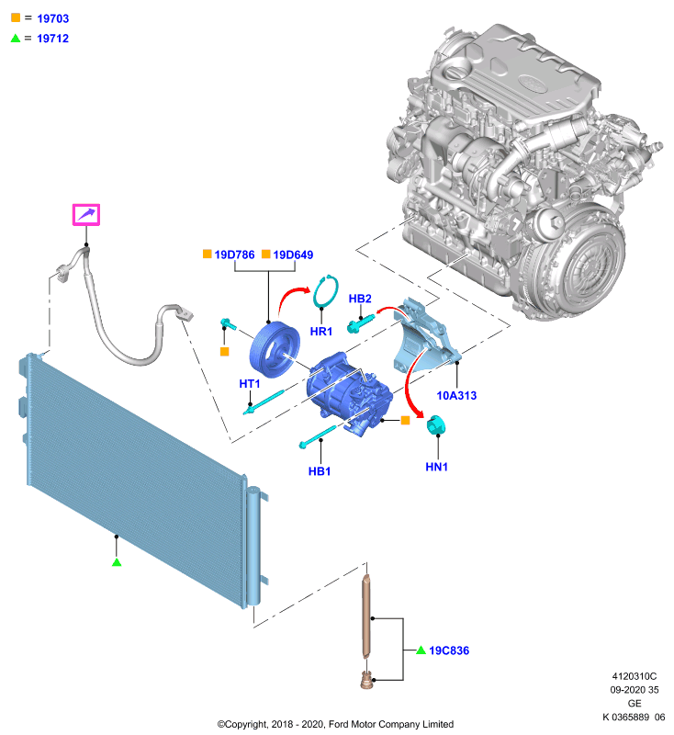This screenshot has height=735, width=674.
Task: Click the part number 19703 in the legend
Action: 53,18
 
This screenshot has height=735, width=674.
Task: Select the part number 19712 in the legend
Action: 53,39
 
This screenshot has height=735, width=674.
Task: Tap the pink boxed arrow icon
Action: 86,215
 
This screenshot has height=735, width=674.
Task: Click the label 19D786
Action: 234,254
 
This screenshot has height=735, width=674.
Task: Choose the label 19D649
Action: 293,254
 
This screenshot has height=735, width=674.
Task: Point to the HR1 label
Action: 321,332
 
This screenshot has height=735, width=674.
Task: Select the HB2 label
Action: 360,299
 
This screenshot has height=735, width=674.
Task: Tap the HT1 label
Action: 250,384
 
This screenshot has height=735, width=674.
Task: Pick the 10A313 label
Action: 456,396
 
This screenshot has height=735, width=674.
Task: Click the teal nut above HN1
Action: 435,425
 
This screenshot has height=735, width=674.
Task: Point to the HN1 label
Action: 436,467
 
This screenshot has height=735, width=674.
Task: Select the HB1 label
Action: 320,471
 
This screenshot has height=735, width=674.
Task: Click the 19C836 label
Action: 449,650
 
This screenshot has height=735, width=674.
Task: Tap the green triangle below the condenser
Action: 117,561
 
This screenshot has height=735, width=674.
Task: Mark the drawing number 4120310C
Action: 635,676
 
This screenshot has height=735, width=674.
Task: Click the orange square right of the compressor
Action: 406,421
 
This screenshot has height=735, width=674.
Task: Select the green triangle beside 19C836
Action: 421,650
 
